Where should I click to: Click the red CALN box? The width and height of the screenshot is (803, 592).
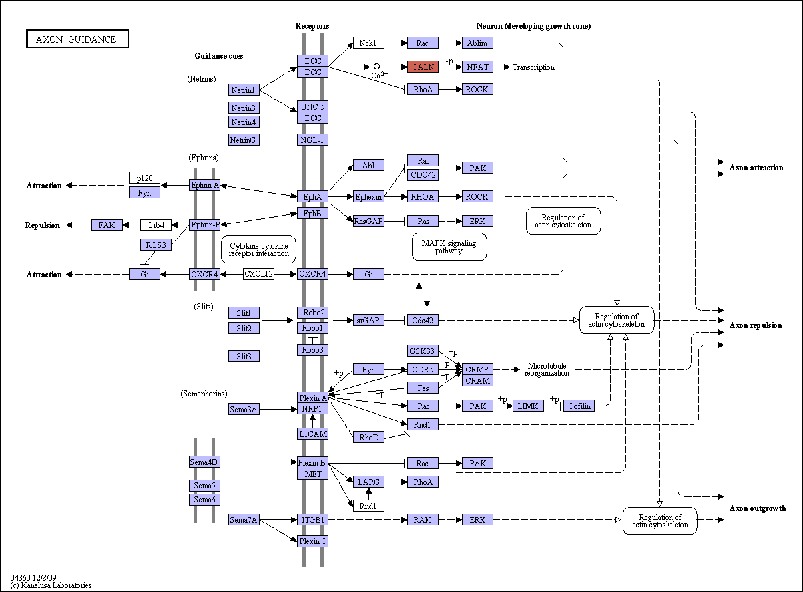point(423,67)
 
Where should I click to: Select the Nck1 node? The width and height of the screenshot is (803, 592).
point(368,43)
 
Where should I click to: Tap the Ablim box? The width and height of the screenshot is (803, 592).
point(477,43)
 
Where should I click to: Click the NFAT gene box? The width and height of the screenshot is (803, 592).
point(477,67)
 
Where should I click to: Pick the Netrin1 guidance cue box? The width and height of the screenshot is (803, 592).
point(244,90)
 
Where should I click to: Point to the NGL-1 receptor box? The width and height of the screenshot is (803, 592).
point(312,140)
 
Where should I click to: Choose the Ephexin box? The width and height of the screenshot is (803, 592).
point(368,196)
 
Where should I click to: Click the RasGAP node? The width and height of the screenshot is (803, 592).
point(368,221)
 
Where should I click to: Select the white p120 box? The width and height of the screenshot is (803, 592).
point(144,178)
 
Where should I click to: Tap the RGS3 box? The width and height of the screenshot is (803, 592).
point(156,245)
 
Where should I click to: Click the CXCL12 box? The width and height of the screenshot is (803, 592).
point(258,274)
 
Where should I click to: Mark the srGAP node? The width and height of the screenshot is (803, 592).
point(368,320)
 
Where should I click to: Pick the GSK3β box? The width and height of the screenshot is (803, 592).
point(423,351)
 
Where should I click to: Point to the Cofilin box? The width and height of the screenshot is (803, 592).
point(579,406)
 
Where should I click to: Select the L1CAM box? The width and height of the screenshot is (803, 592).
point(312,434)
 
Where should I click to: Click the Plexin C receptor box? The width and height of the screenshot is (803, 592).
point(312,541)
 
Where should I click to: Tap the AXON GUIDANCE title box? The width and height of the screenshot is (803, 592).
point(77,39)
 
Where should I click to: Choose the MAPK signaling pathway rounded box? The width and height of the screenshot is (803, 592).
point(449,247)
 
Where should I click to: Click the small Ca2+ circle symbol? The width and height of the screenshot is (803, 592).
point(376,66)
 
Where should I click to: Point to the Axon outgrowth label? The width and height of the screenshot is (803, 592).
point(758,508)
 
